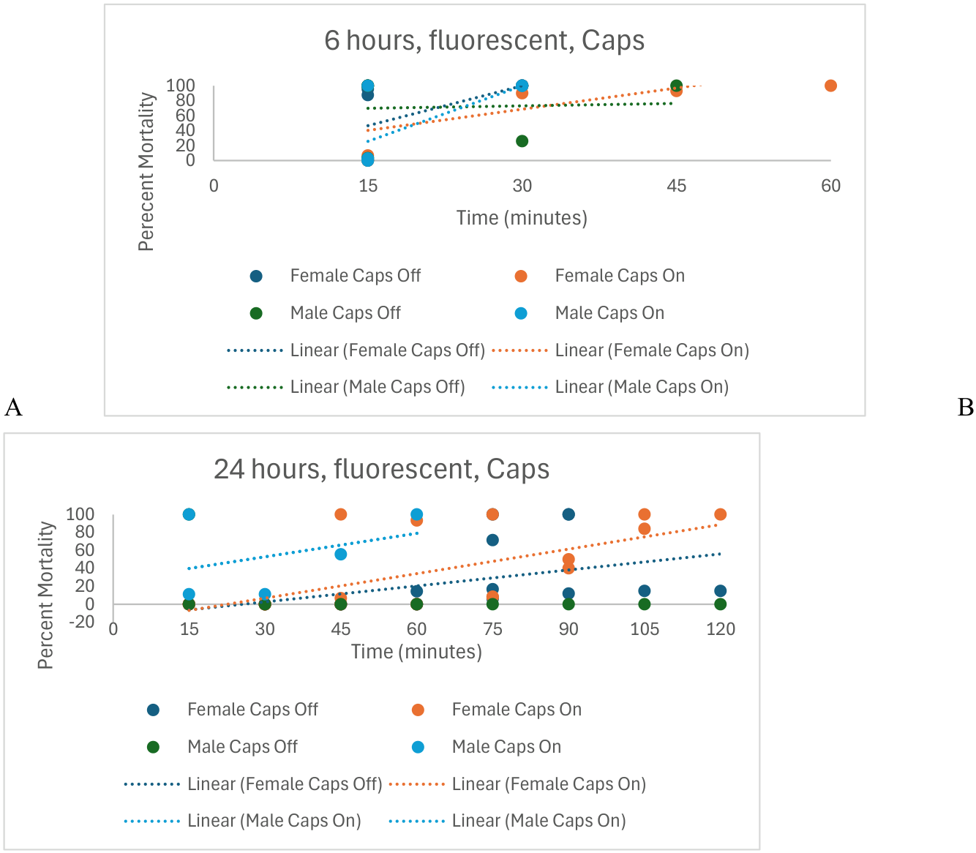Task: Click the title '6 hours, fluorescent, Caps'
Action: (484, 40)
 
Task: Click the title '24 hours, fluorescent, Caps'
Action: (381, 469)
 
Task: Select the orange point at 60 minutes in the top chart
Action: (830, 86)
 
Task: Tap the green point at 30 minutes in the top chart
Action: (522, 141)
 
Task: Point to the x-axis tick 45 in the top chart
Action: (677, 186)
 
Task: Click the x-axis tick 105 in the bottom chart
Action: (645, 629)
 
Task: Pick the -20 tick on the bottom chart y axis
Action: (81, 622)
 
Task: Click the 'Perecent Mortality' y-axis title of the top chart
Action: (146, 172)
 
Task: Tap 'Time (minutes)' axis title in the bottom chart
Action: (416, 651)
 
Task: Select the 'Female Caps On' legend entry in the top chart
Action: (600, 276)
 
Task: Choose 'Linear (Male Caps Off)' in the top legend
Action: (346, 387)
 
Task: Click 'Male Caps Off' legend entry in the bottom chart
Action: (222, 747)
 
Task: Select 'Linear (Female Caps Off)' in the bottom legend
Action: (253, 784)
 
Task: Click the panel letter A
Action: (13, 407)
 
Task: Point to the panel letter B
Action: (966, 407)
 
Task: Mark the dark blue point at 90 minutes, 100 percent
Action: (568, 514)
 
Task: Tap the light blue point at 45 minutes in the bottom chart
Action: (341, 555)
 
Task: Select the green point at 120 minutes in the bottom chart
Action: (721, 604)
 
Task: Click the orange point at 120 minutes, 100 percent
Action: (721, 514)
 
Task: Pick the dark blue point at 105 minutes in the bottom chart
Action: (645, 591)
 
